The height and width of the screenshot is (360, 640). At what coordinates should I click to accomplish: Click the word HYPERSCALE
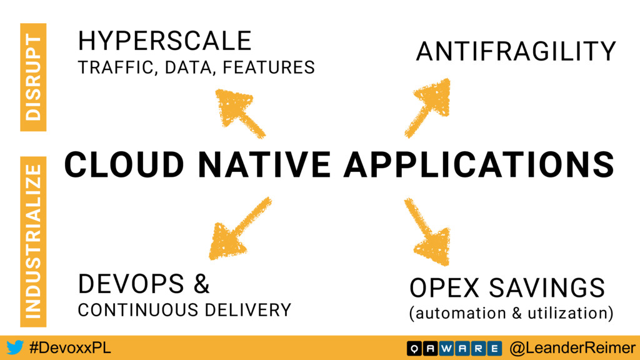[x=164, y=41]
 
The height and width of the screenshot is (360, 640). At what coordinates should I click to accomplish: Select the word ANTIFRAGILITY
[x=516, y=51]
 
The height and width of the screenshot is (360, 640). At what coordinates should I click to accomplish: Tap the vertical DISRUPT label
[x=33, y=77]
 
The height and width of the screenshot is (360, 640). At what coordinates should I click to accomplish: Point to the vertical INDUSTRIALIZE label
[x=33, y=242]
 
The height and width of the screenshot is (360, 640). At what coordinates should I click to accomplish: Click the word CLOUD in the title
[x=124, y=164]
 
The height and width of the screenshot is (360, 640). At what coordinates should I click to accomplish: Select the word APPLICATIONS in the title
[x=479, y=164]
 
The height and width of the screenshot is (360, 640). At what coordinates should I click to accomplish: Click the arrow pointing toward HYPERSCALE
[x=239, y=113]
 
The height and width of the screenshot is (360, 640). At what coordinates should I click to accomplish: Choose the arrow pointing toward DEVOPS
[x=239, y=229]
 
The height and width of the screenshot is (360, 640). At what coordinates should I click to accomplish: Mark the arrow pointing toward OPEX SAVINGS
[x=428, y=231]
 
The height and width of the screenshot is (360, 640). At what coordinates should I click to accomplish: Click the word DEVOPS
[x=131, y=284]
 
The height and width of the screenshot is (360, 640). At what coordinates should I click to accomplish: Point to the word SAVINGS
[x=547, y=288]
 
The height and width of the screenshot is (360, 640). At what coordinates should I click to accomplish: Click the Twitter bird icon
[x=15, y=347]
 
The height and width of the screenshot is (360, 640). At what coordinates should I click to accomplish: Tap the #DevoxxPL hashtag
[x=70, y=348]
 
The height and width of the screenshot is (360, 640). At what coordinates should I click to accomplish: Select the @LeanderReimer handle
[x=572, y=348]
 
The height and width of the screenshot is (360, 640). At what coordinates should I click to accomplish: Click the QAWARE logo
[x=454, y=349]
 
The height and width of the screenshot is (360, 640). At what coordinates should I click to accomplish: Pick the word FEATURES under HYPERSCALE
[x=269, y=67]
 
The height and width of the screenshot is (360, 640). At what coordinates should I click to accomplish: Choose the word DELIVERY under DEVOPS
[x=248, y=310]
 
